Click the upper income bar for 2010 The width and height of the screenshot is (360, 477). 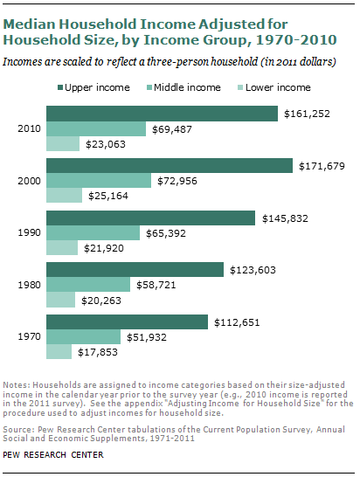click(162, 114)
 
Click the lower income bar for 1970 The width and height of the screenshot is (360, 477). click(59, 352)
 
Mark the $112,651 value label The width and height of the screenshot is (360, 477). click(237, 322)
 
